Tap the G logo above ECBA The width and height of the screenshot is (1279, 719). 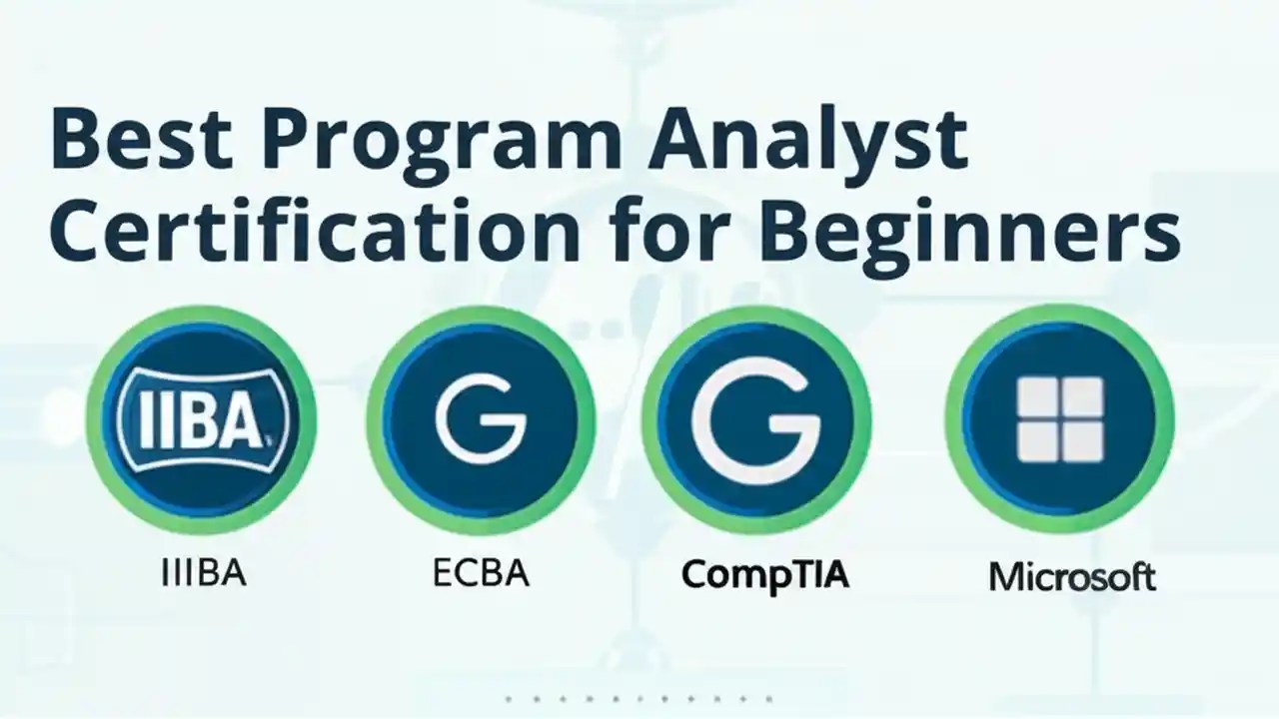(481, 418)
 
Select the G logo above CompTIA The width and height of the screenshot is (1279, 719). (756, 418)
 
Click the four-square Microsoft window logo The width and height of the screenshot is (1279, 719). (1059, 418)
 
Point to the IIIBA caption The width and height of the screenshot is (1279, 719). (203, 575)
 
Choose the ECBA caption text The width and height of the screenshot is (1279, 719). (481, 575)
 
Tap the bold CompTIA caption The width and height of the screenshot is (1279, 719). (764, 576)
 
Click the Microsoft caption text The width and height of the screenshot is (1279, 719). (1072, 577)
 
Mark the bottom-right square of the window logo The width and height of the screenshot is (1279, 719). (1083, 442)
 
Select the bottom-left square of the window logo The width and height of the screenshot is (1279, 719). (1036, 442)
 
